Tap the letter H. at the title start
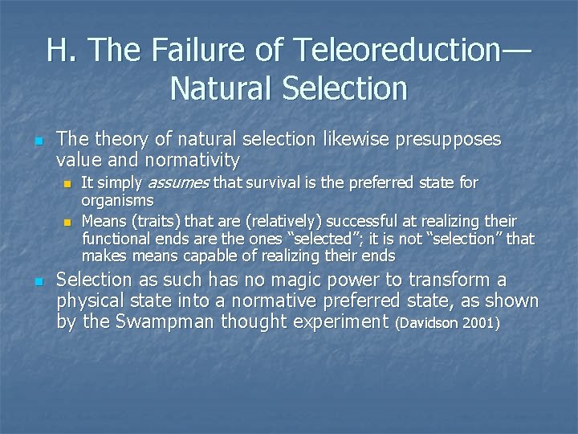click(62, 51)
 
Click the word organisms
click(117, 200)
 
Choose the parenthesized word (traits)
click(157, 220)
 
